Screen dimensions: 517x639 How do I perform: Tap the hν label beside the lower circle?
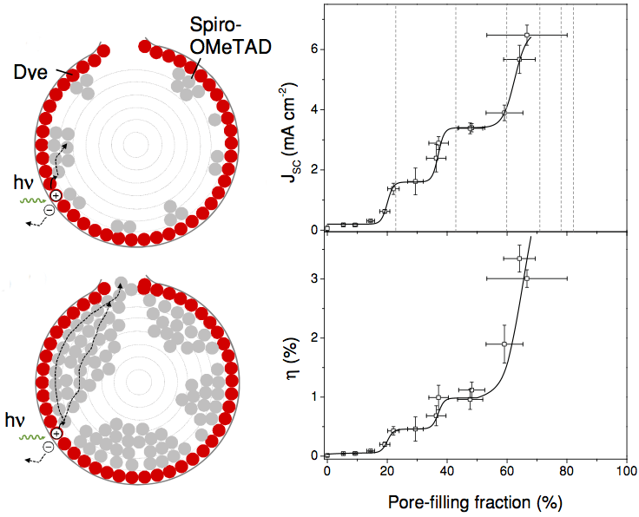tap(16, 421)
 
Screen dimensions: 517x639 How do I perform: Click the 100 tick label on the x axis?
tap(626, 471)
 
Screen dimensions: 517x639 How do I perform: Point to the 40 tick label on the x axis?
tap(446, 471)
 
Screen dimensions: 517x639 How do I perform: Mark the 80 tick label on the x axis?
tap(566, 471)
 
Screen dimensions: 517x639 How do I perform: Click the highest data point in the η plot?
tap(519, 258)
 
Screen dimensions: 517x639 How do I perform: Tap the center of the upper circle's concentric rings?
tap(135, 143)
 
